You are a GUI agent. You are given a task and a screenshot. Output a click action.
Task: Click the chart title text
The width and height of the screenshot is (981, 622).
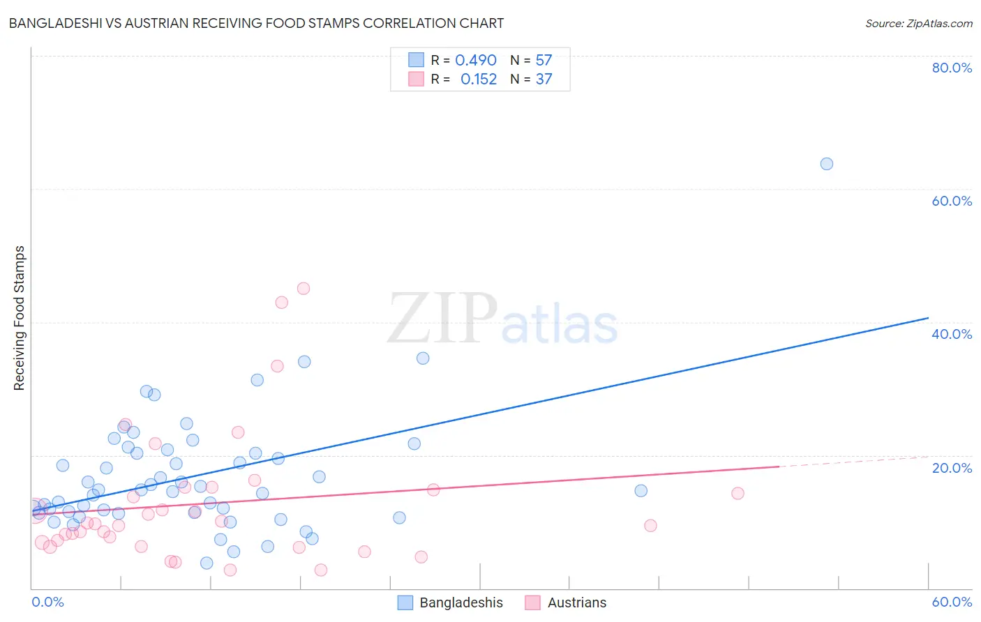tap(256, 23)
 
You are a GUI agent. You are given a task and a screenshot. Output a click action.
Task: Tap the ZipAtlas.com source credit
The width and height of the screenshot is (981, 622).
tap(918, 23)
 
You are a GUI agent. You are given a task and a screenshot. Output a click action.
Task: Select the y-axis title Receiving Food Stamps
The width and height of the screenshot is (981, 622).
tap(19, 318)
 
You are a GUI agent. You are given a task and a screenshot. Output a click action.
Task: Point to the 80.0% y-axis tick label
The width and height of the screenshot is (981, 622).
tap(952, 68)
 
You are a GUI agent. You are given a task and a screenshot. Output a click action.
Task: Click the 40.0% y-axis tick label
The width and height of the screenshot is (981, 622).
tap(952, 334)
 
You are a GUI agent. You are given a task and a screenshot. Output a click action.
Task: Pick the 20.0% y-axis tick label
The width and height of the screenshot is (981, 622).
tap(952, 468)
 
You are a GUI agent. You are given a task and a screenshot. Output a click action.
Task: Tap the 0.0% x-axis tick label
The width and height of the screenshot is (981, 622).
tap(47, 602)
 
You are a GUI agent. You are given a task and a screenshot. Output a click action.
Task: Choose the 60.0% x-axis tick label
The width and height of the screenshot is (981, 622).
tap(952, 602)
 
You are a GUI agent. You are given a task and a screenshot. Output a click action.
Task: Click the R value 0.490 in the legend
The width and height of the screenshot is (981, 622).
tap(476, 61)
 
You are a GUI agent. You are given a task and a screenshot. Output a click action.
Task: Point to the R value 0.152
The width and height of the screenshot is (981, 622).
tap(479, 79)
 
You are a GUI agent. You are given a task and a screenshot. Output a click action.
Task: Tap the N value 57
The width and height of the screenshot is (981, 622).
tap(544, 61)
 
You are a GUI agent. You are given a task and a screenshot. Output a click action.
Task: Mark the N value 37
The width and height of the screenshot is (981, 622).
tap(544, 79)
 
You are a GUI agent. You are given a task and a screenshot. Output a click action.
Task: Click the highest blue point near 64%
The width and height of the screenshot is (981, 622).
tap(827, 164)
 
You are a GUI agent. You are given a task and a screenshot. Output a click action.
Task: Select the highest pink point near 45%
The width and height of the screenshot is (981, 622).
tap(304, 289)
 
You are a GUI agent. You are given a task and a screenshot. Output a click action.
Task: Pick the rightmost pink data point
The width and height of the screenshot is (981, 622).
tap(737, 494)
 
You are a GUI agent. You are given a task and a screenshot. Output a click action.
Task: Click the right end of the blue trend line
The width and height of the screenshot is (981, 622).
tap(928, 318)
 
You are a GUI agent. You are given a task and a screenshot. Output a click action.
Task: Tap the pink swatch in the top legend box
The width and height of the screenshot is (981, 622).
tap(416, 79)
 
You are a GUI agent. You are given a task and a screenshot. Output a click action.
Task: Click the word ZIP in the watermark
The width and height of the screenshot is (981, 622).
tap(442, 318)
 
